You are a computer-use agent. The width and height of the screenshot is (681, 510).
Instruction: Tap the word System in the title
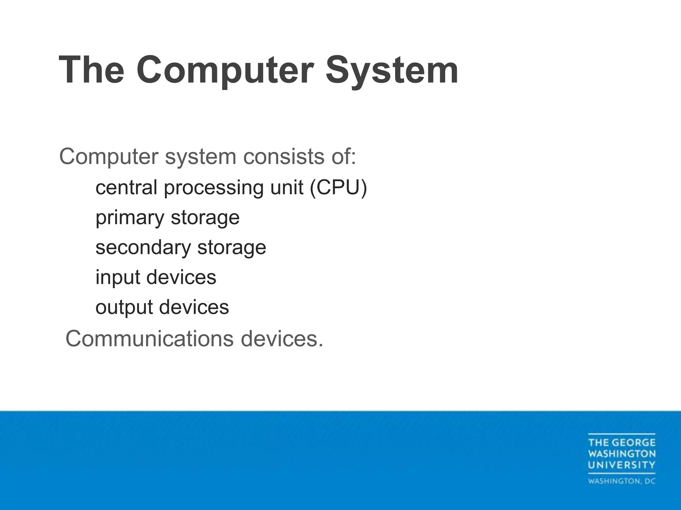pyautogui.click(x=392, y=70)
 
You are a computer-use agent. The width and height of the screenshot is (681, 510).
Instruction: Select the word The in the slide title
pyautogui.click(x=91, y=70)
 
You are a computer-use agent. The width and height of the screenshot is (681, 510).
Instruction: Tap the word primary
pyautogui.click(x=130, y=218)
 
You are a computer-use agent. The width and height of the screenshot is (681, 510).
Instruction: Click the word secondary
pyautogui.click(x=143, y=247)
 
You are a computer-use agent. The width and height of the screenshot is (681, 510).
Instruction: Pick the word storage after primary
pyautogui.click(x=205, y=218)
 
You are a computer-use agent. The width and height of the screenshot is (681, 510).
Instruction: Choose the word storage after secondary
pyautogui.click(x=232, y=248)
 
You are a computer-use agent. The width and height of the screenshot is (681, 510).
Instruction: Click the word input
pyautogui.click(x=117, y=278)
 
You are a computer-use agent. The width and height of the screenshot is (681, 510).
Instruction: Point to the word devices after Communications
pyautogui.click(x=282, y=339)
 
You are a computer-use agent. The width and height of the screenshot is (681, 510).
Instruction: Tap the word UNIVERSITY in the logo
pyautogui.click(x=621, y=465)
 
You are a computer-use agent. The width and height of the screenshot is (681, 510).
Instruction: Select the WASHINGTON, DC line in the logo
pyautogui.click(x=621, y=481)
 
